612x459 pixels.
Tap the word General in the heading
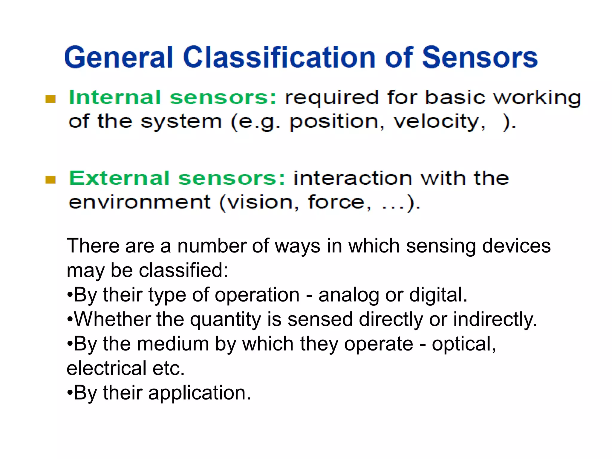point(119,57)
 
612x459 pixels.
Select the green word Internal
point(115,97)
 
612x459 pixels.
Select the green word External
point(119,178)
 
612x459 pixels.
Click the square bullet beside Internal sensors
point(51,99)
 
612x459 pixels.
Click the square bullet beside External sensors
point(51,180)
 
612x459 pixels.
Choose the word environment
point(140,202)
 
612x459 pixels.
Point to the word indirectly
point(495,320)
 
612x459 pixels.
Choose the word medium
point(173,344)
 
